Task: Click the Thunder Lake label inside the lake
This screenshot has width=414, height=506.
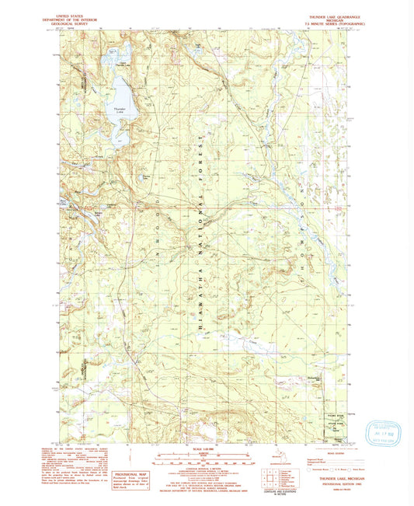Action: coord(119,110)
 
